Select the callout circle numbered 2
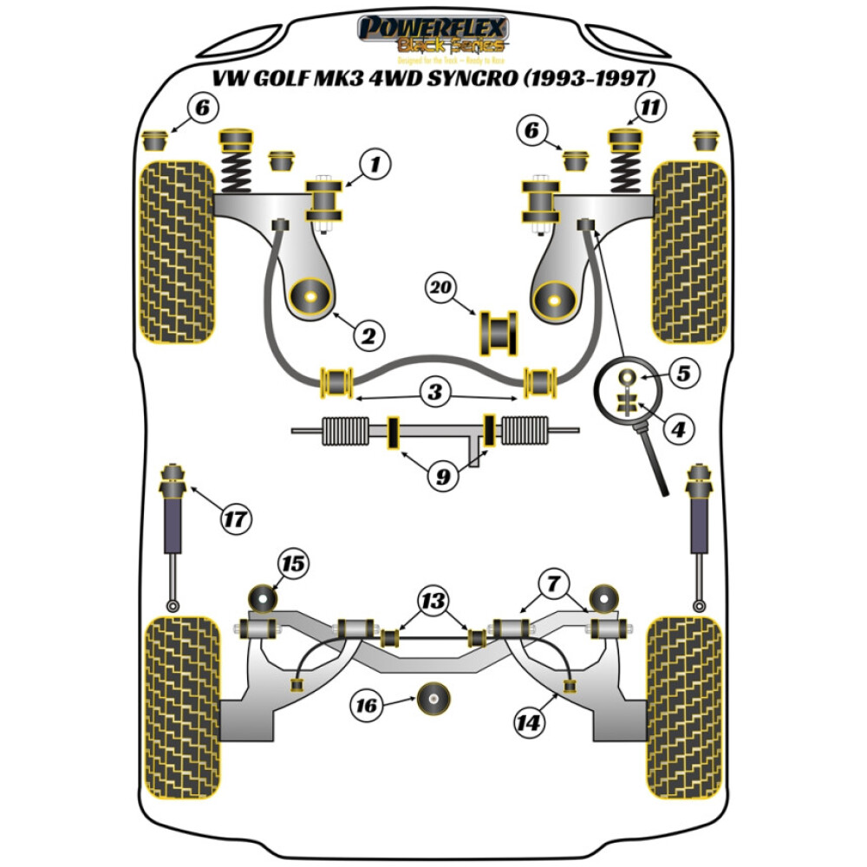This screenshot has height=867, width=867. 367,335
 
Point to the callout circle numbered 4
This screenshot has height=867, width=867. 679,427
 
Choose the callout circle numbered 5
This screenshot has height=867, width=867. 684,375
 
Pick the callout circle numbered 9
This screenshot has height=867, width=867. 443,477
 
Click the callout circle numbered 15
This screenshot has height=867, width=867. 293,564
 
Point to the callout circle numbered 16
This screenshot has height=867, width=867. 368,707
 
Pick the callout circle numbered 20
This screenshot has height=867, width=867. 441,287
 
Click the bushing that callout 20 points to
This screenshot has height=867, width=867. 498,333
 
